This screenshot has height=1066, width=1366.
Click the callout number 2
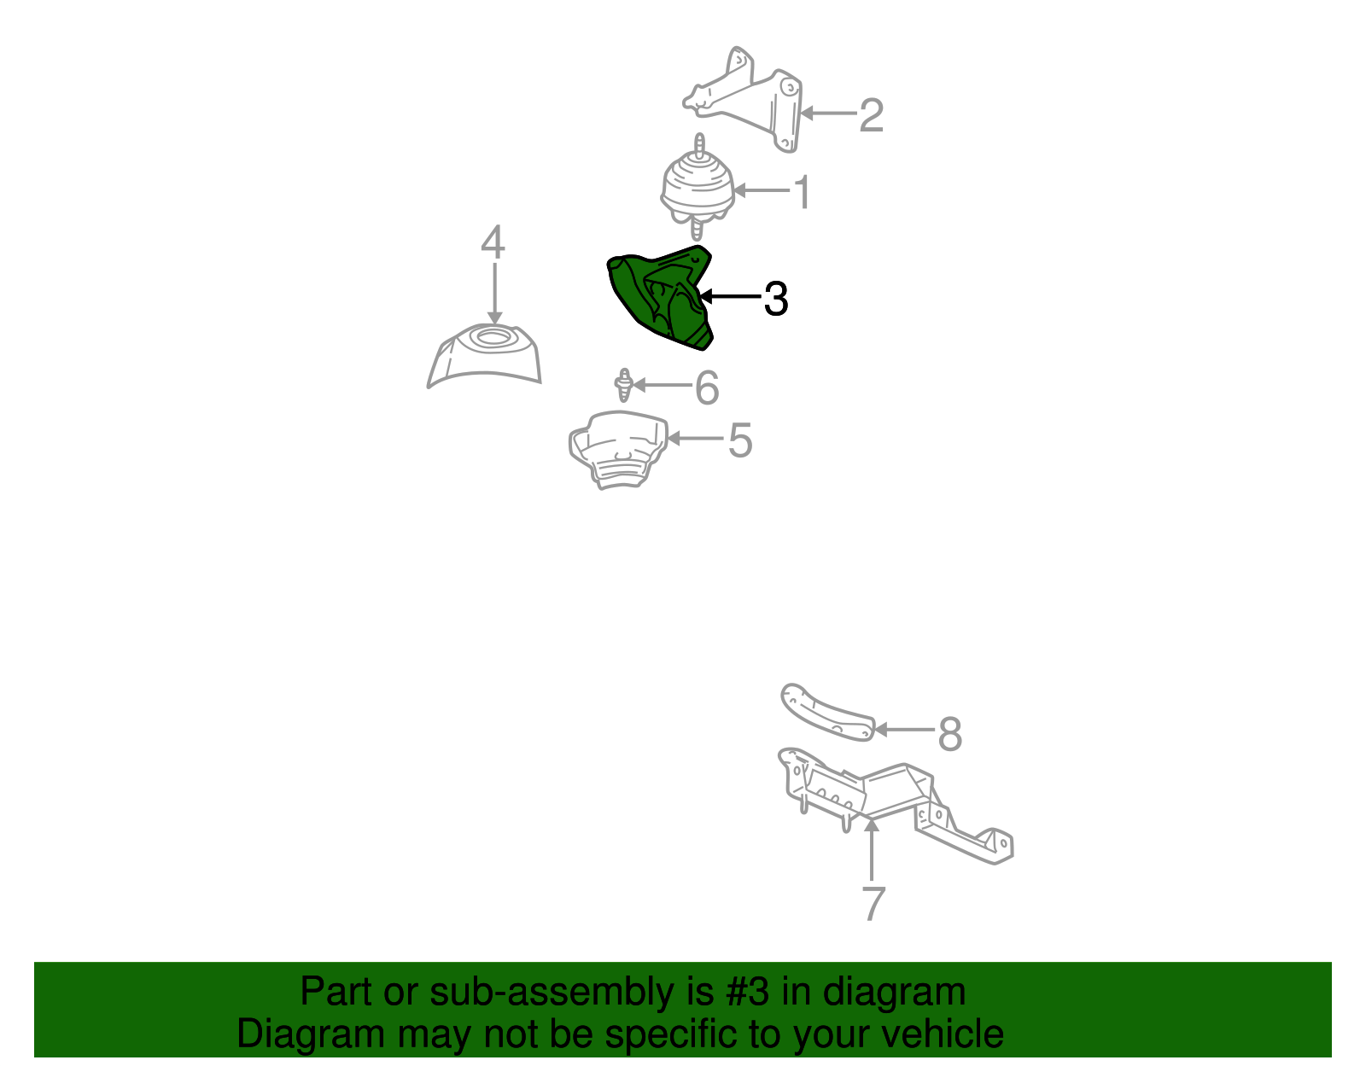pyautogui.click(x=872, y=115)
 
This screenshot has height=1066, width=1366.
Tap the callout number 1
pyautogui.click(x=803, y=191)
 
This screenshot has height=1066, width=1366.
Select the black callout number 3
pyautogui.click(x=776, y=299)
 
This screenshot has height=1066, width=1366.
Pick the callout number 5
pyautogui.click(x=740, y=440)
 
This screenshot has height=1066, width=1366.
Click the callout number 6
pyautogui.click(x=707, y=387)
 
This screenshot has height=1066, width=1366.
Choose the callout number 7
pyautogui.click(x=873, y=903)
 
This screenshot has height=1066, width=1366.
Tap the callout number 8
pyautogui.click(x=950, y=734)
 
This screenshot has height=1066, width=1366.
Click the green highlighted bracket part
pyautogui.click(x=660, y=296)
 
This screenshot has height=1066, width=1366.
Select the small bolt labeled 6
pyautogui.click(x=623, y=385)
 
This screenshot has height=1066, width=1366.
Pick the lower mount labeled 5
pyautogui.click(x=618, y=450)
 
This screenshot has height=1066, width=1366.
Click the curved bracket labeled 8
pyautogui.click(x=826, y=713)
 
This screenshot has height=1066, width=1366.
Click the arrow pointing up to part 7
pyautogui.click(x=872, y=849)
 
